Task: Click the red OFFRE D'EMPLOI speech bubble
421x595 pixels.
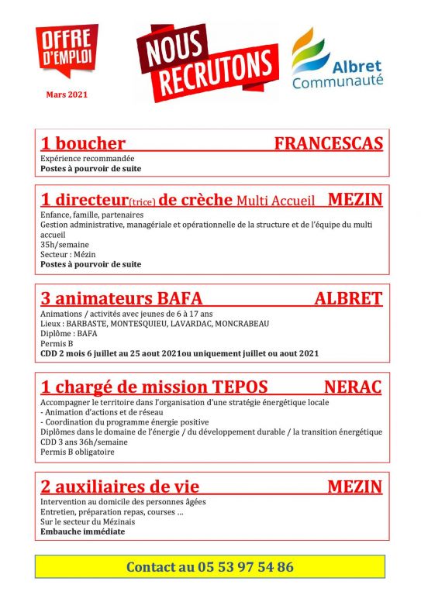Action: tap(66, 50)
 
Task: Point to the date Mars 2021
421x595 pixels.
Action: tap(66, 95)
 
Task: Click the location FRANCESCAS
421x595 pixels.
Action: tap(328, 143)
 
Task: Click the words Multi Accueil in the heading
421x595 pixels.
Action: tap(276, 201)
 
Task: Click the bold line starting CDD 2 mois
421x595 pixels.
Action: tap(179, 353)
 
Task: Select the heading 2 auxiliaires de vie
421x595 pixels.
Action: tap(119, 487)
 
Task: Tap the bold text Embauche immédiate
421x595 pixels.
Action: tap(82, 532)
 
